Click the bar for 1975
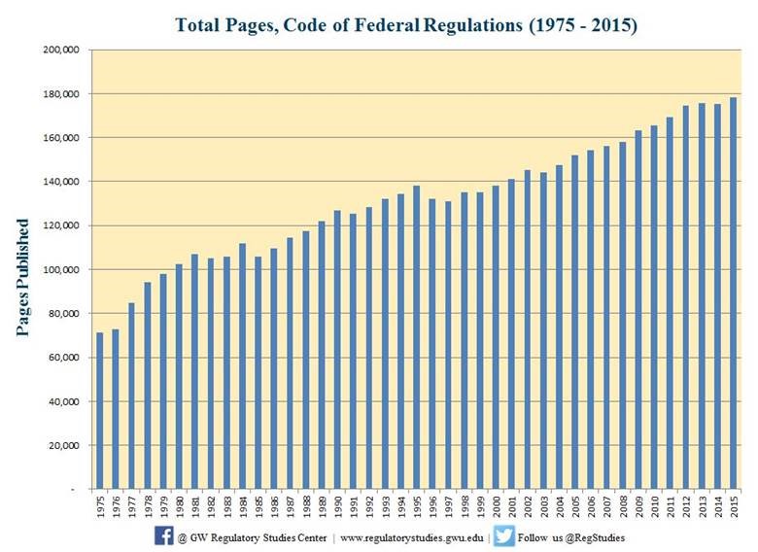(99, 410)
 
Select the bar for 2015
(734, 293)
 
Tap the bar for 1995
(417, 337)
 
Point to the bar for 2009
(638, 309)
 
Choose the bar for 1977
(131, 396)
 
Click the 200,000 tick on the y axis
(61, 50)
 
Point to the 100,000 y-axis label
(61, 270)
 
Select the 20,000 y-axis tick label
(64, 446)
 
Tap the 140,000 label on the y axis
(61, 182)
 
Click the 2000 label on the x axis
(496, 506)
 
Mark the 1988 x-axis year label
(306, 506)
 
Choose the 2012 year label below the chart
(686, 506)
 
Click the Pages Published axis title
(22, 277)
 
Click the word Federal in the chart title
(387, 24)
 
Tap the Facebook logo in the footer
(164, 536)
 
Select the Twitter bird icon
(504, 536)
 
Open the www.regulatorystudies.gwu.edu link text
(412, 537)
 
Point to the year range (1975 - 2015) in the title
(583, 24)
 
